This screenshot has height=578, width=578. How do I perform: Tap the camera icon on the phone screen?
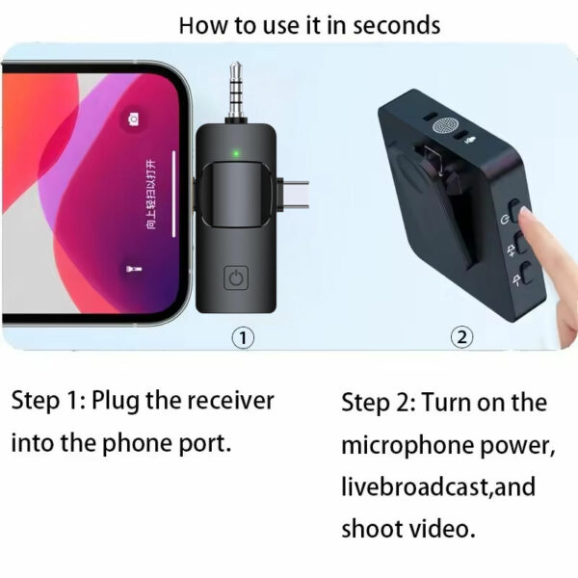pos(133,119)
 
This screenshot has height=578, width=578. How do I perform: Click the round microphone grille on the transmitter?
pos(445,125)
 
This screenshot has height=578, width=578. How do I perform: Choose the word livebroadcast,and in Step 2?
pos(438,487)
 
